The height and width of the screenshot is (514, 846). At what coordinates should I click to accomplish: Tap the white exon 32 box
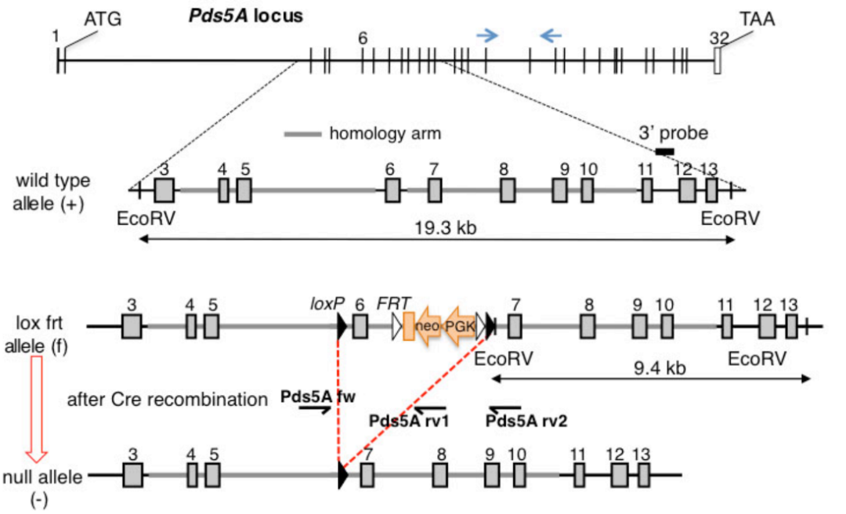tap(717, 60)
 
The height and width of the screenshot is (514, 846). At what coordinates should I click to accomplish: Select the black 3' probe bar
tap(665, 150)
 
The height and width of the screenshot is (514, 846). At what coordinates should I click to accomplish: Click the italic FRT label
tap(391, 301)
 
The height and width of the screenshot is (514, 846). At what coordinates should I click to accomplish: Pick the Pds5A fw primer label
tap(318, 397)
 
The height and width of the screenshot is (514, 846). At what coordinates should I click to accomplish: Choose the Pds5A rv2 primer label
tap(526, 422)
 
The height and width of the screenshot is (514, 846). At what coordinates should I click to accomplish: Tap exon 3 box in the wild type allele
tap(164, 190)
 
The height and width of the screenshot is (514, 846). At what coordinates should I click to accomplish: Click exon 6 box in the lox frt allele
tap(360, 325)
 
